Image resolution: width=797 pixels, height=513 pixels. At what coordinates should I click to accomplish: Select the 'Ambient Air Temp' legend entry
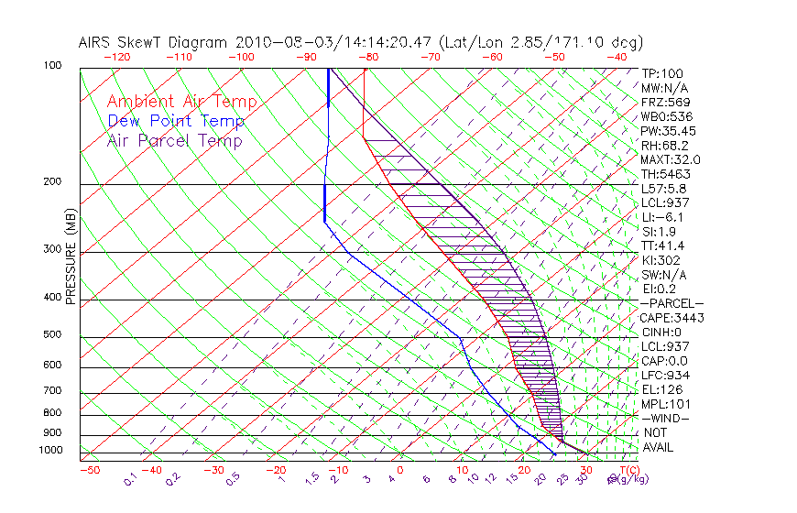(x=181, y=102)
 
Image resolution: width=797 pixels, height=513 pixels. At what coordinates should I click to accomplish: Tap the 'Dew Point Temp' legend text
(x=176, y=121)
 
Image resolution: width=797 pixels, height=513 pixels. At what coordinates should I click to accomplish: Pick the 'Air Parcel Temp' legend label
(x=174, y=140)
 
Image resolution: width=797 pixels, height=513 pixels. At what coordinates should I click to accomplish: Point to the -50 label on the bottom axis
(x=90, y=471)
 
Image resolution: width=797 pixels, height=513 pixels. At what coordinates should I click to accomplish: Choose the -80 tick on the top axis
(x=368, y=57)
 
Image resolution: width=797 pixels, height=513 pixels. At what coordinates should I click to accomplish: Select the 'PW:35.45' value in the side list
(x=669, y=131)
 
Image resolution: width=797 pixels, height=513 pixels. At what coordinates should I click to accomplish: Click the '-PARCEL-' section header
(x=671, y=303)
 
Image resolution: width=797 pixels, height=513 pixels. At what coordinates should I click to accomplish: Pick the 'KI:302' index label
(x=661, y=260)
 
